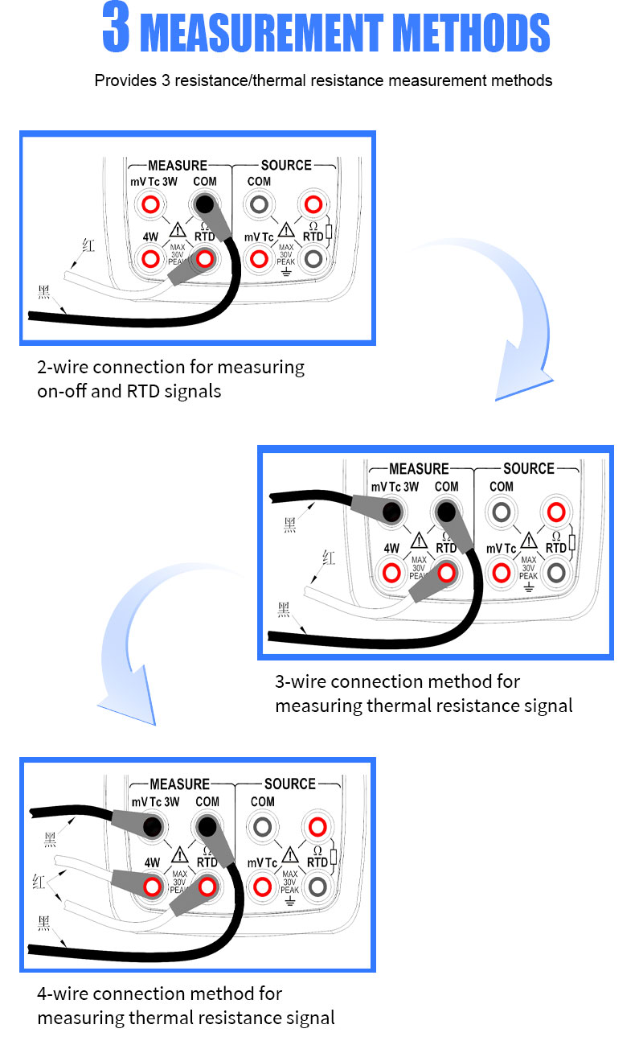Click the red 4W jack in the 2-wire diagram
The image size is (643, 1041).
point(149,258)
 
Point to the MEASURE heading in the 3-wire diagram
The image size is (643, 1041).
point(419,468)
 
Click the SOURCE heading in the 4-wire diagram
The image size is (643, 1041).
point(290,784)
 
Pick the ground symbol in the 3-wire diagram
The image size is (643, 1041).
point(528,587)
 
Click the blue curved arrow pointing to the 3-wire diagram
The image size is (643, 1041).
point(498,314)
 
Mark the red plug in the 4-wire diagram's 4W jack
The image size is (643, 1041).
point(151,887)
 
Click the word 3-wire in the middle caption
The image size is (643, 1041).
point(301,681)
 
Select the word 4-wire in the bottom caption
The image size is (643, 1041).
point(63,994)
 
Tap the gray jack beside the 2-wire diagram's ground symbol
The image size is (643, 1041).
point(313,258)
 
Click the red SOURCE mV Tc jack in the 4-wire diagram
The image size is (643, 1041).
point(261,887)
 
